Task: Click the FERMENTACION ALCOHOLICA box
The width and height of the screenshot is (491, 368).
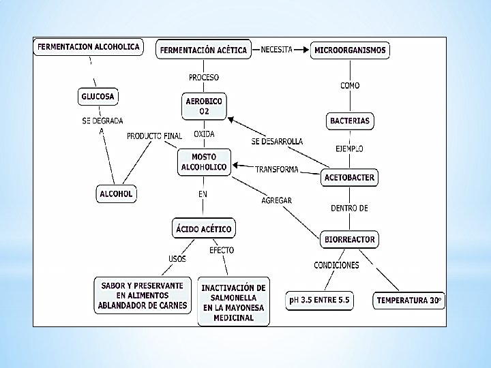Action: point(89,47)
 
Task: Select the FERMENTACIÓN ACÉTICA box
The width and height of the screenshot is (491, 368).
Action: point(203,50)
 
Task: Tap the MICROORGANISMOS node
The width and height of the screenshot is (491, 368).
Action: point(350,50)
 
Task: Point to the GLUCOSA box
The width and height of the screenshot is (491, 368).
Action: point(98,97)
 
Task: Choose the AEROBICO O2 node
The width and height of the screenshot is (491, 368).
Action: point(204,106)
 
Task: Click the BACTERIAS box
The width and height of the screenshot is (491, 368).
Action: point(350,121)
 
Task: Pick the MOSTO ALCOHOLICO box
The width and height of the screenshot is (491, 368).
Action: point(204,162)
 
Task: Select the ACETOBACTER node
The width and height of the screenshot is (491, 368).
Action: point(349,178)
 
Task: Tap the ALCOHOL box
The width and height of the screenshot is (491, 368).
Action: point(116,194)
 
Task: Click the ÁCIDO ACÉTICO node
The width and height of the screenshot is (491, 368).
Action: point(203,229)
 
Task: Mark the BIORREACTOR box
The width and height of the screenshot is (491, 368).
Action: point(349,239)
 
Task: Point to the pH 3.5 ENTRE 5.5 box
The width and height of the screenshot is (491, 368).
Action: point(320,300)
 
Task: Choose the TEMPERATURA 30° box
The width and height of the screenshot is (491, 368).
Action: point(409,300)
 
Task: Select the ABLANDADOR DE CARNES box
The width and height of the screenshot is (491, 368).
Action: point(143,296)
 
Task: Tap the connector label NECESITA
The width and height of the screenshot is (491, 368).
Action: point(276,50)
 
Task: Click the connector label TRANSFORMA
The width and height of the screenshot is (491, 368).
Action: point(277,169)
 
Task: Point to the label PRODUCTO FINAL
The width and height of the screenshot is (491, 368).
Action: point(154,136)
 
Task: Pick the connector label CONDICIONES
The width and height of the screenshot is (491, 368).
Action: point(336,264)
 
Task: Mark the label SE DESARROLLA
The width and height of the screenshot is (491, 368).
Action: point(277,142)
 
